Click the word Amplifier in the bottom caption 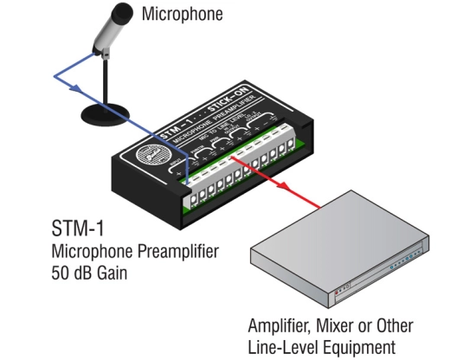coord(280,326)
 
